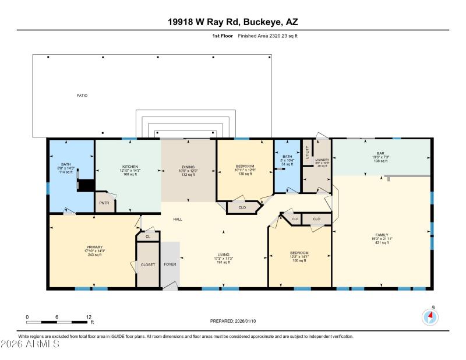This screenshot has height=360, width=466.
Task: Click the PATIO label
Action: [x=82, y=95]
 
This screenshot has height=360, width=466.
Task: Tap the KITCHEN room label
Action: [x=129, y=166]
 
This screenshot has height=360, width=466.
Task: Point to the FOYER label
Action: [x=170, y=264]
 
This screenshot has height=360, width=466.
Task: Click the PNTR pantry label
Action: [x=105, y=203]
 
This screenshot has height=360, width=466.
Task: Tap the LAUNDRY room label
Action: [x=323, y=160]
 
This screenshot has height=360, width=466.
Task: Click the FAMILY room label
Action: [x=382, y=235]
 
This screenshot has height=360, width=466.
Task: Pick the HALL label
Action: [x=178, y=220]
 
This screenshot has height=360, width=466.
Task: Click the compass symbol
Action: [x=429, y=317]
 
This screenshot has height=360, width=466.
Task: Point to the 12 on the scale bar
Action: [x=89, y=317]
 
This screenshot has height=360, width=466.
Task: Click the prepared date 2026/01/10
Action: [x=232, y=321]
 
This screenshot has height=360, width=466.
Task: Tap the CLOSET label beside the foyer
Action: [x=148, y=264]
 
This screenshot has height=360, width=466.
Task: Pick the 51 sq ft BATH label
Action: [x=287, y=160]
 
